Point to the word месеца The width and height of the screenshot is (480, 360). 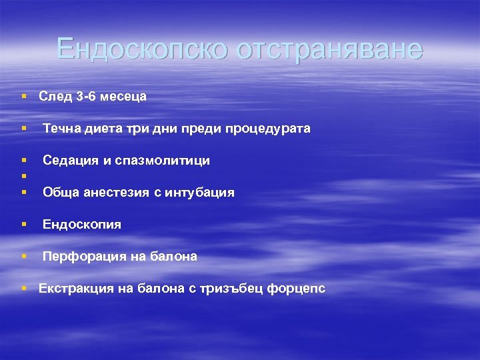point(124,97)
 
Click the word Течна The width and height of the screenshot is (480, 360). point(61,129)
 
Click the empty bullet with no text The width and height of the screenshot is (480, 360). point(23,177)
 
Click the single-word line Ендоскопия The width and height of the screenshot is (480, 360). point(82,225)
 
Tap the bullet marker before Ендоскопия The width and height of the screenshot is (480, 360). point(23,225)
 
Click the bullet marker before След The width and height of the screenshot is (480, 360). point(23,97)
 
